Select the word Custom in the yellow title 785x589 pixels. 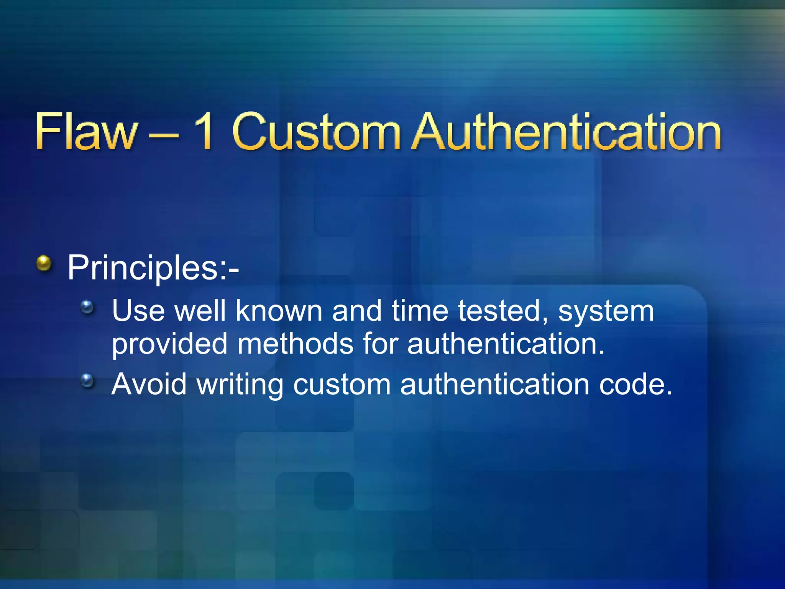coord(316,131)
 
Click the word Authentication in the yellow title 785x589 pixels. coord(567,131)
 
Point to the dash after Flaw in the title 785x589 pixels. coord(164,135)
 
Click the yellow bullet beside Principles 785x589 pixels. coord(44,263)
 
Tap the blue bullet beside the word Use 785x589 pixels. coord(87,307)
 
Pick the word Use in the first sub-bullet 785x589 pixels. coord(138,311)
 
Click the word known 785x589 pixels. coord(279,311)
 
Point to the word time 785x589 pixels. coord(420,311)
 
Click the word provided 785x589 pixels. coord(169,344)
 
